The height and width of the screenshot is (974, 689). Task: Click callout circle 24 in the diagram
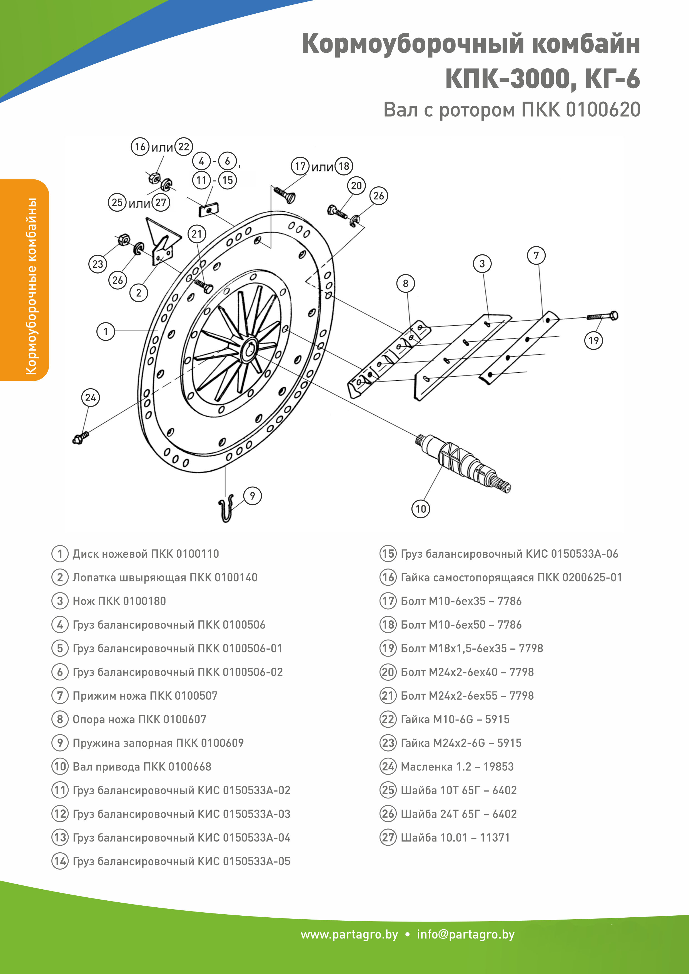[x=90, y=398]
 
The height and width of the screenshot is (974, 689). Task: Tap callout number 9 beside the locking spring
[x=253, y=495]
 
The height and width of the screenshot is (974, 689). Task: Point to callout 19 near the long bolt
[x=593, y=340]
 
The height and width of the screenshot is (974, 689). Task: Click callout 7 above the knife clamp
[x=536, y=256]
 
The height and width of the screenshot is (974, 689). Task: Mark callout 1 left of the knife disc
[x=106, y=331]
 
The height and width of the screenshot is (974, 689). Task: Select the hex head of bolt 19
[x=613, y=316]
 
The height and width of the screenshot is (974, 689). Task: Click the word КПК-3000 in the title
[x=509, y=79]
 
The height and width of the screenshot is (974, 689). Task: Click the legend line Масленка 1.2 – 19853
[x=457, y=767]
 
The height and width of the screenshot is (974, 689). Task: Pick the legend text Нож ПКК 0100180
[x=119, y=601]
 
